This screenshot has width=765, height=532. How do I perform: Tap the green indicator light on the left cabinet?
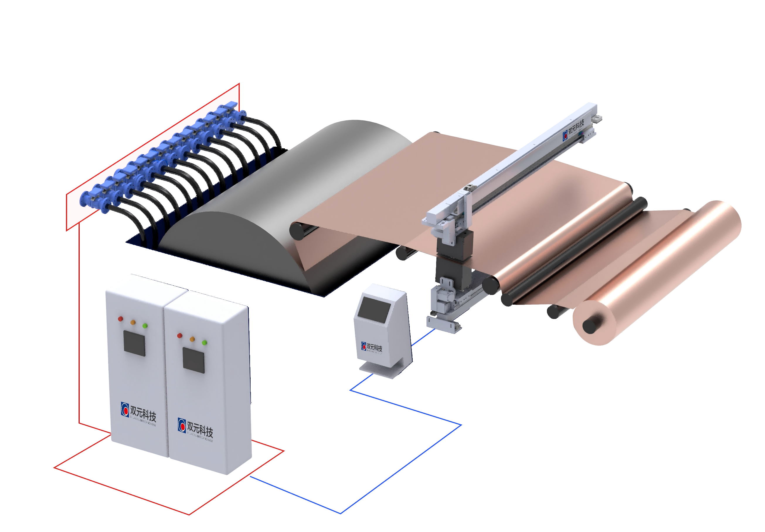coord(145,326)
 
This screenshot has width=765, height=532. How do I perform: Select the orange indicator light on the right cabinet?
coord(192,339)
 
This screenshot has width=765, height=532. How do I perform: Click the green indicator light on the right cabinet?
coord(205,342)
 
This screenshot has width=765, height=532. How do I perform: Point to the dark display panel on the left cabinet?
coord(134,343)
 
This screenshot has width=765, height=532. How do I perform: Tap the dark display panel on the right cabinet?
coord(193,361)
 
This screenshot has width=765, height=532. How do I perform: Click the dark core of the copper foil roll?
coord(590,326)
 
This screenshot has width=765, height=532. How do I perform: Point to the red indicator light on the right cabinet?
coord(180,335)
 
